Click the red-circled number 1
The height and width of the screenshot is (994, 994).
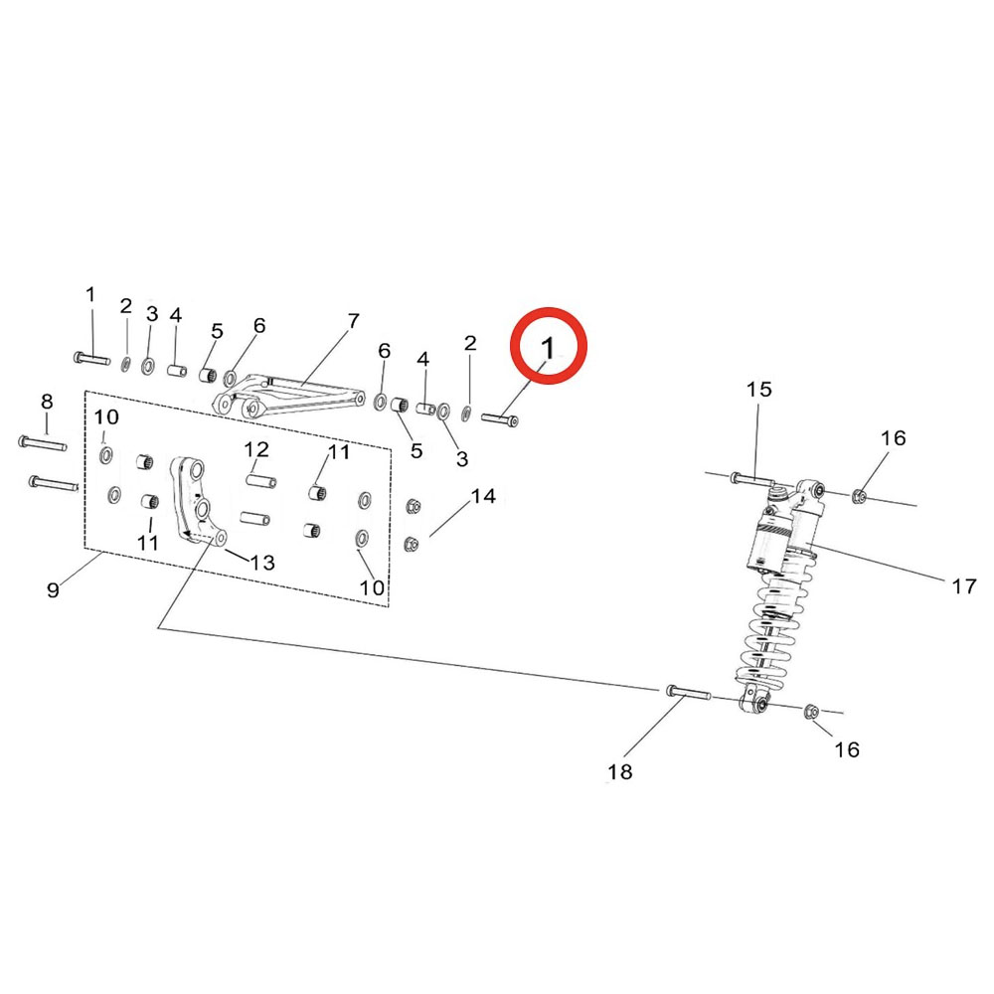548,347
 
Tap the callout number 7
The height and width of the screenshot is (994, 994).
353,321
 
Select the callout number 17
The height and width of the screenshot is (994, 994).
964,586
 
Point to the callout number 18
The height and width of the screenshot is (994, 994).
620,771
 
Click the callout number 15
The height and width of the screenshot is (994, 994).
758,389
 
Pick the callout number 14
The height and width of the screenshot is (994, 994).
483,496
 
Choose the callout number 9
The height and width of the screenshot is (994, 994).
54,590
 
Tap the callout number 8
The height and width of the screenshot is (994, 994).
47,402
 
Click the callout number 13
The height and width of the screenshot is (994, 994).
262,563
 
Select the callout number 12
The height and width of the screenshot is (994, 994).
256,449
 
